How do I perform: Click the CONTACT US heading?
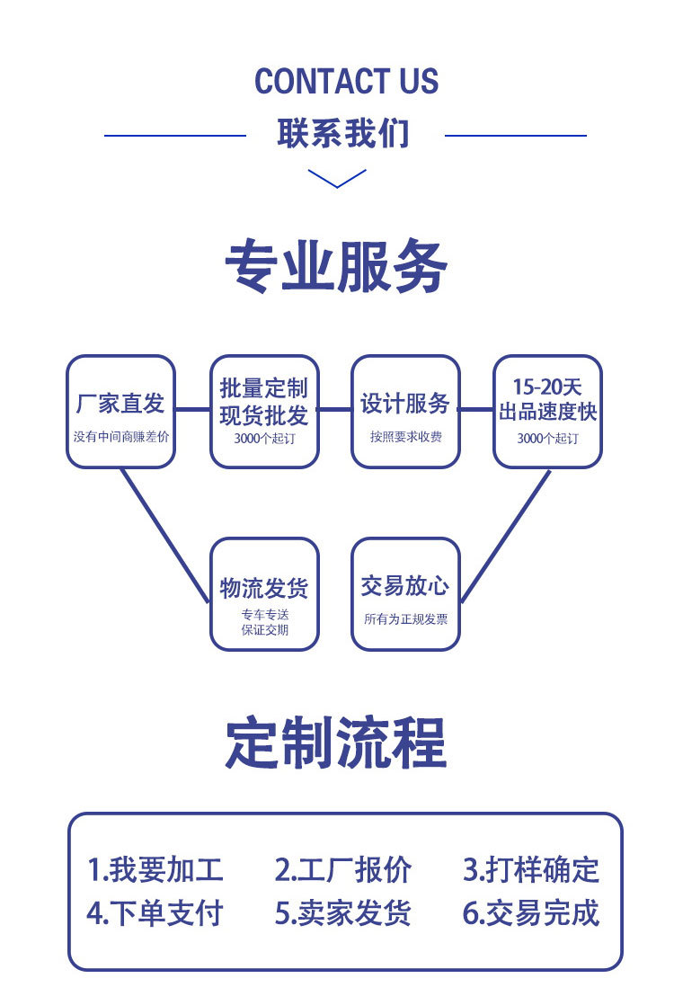[x=346, y=81]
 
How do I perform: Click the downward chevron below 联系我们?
[x=337, y=178]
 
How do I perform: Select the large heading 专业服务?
[x=336, y=267]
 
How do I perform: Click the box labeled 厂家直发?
[x=120, y=412]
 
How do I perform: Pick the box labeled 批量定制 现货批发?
[x=264, y=412]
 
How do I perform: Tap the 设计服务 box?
[x=405, y=412]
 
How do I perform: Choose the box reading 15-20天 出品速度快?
[x=547, y=412]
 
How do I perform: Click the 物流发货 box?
[x=264, y=593]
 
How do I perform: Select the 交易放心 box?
[x=405, y=593]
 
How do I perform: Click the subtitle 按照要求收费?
[x=405, y=438]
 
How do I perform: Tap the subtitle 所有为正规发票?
[x=405, y=619]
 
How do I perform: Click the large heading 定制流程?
[x=336, y=743]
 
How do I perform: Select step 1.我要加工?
[x=155, y=870]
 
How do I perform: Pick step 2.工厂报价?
[x=342, y=870]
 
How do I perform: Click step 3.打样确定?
[x=530, y=870]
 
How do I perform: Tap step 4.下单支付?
[x=155, y=913]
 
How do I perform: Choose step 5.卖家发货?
[x=342, y=913]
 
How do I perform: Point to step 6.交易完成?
[x=530, y=913]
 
